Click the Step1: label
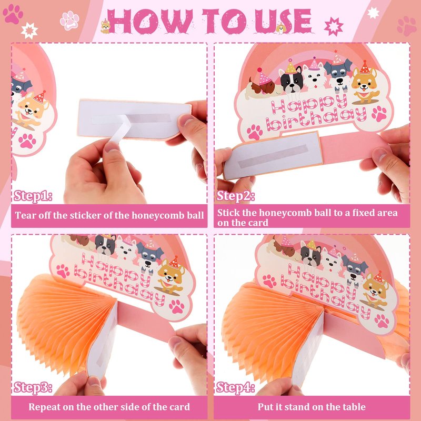tap(33, 196)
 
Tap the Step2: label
tap(235, 196)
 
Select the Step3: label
tap(33, 387)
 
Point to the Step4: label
tap(235, 387)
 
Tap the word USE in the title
tap(283, 22)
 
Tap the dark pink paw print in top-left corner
tap(13, 14)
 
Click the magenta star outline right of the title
tap(334, 26)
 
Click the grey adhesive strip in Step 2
tap(273, 156)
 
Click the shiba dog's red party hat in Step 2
tap(365, 67)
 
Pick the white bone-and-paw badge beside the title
tap(69, 21)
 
